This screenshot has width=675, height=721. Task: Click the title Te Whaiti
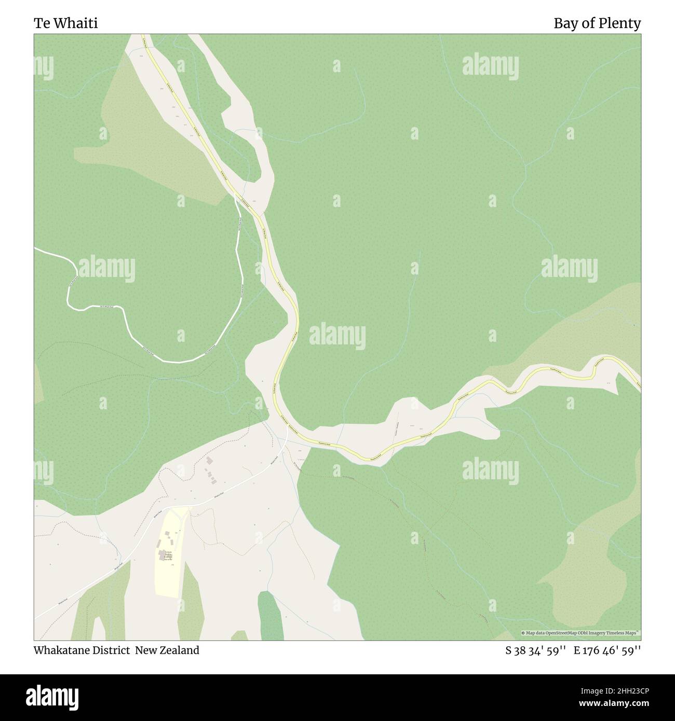(x=66, y=23)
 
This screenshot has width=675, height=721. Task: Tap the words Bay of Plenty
(x=597, y=23)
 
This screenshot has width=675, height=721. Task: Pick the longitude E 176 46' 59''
(x=607, y=650)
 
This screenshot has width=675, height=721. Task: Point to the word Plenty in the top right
(x=623, y=23)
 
